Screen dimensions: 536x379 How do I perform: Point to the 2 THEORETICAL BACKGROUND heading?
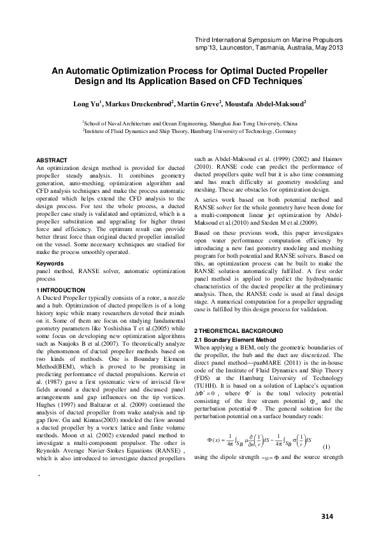(x=238, y=331)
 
